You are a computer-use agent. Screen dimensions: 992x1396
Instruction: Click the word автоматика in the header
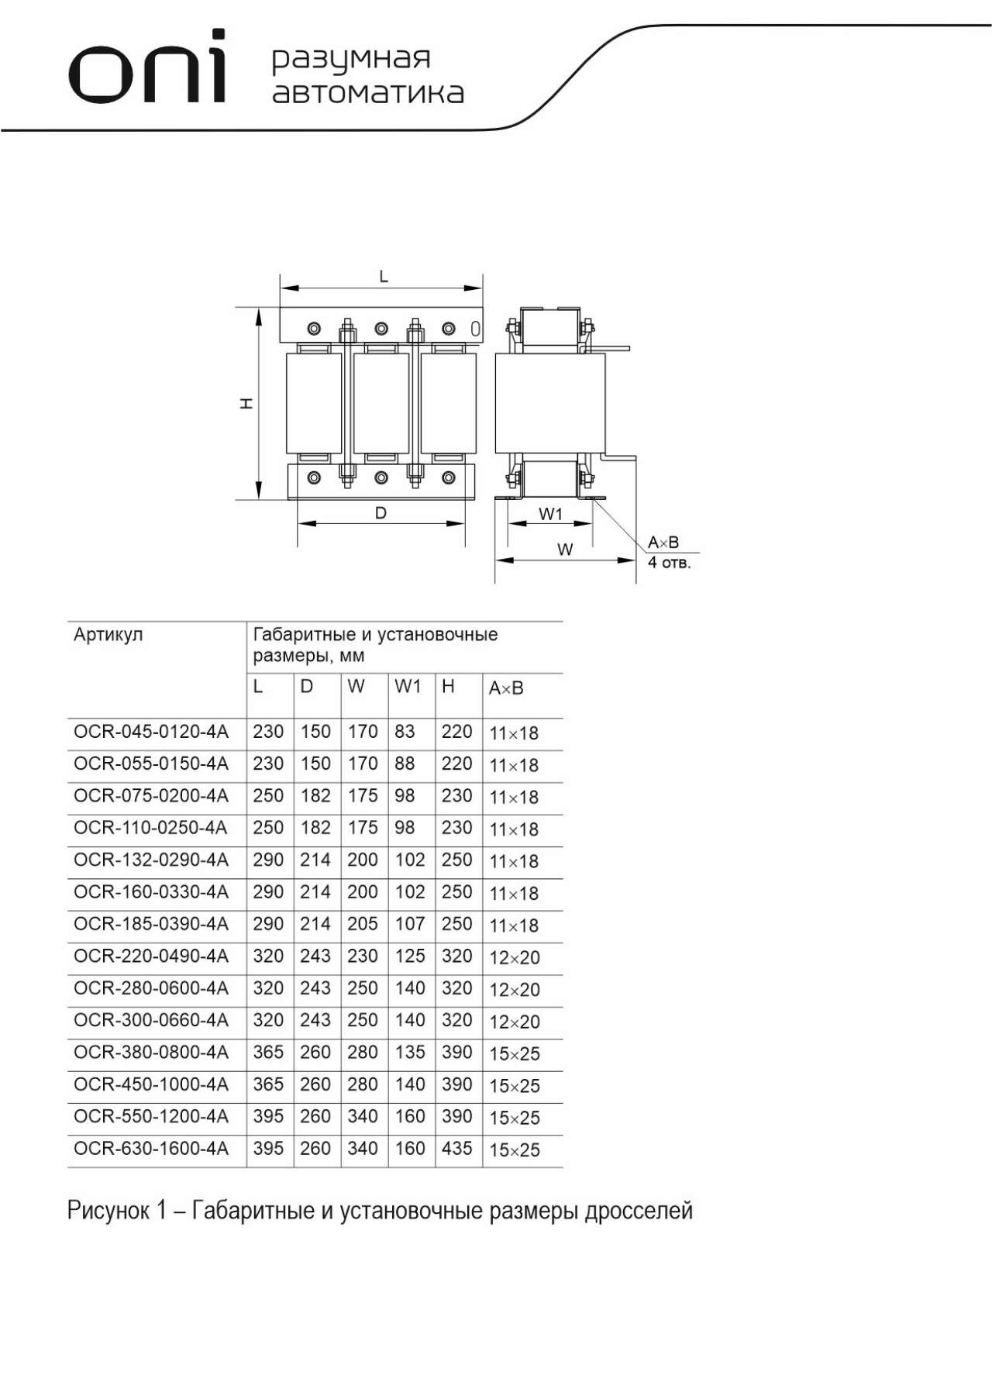[368, 92]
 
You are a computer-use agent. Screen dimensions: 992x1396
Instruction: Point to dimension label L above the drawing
[384, 276]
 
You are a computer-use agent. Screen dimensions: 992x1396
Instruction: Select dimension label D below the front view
[381, 513]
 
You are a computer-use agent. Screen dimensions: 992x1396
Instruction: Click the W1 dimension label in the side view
[550, 514]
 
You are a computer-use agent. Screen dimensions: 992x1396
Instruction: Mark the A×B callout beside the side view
[663, 543]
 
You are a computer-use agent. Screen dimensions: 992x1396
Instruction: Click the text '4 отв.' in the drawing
[669, 562]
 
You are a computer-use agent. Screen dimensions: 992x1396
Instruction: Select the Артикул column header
[108, 635]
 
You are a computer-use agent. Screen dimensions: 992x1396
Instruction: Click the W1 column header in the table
[408, 686]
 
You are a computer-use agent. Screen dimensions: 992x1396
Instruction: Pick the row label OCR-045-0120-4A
[151, 732]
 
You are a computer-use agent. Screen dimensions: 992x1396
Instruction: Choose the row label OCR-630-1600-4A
[151, 1148]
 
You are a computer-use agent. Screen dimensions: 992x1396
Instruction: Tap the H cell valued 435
[457, 1148]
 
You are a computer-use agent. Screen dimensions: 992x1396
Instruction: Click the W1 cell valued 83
[405, 732]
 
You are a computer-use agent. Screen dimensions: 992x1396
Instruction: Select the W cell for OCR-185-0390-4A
[362, 924]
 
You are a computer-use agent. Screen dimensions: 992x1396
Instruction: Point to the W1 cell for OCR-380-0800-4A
[410, 1052]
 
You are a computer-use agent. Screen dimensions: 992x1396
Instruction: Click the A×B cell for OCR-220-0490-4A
[515, 958]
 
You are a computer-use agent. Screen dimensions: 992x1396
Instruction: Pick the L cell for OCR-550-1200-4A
[268, 1116]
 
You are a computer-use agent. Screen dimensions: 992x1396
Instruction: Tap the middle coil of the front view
[381, 403]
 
